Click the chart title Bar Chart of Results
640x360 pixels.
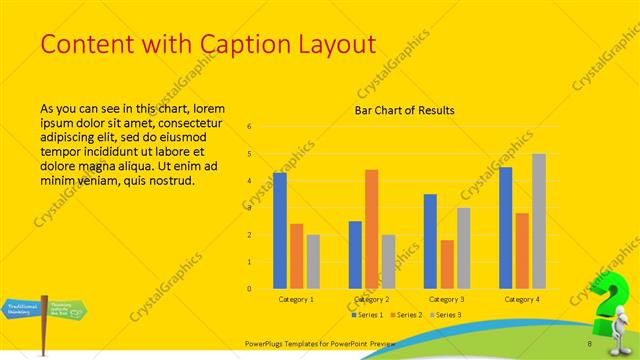click(405, 110)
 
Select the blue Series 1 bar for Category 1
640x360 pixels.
click(280, 231)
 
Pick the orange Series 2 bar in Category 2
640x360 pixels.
click(372, 229)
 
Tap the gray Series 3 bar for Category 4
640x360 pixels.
click(539, 221)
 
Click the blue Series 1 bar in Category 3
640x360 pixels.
click(430, 241)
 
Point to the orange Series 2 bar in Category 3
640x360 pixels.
click(446, 264)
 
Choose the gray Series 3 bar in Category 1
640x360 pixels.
click(312, 262)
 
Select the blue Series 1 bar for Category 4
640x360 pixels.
click(506, 228)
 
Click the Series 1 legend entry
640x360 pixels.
click(367, 315)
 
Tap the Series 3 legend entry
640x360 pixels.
click(447, 315)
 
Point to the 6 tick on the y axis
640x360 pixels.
click(249, 127)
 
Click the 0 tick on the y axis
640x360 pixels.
click(249, 289)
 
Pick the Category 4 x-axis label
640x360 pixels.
click(522, 299)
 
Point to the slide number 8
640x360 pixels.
click(590, 344)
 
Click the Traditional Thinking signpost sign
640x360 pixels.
click(22, 308)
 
